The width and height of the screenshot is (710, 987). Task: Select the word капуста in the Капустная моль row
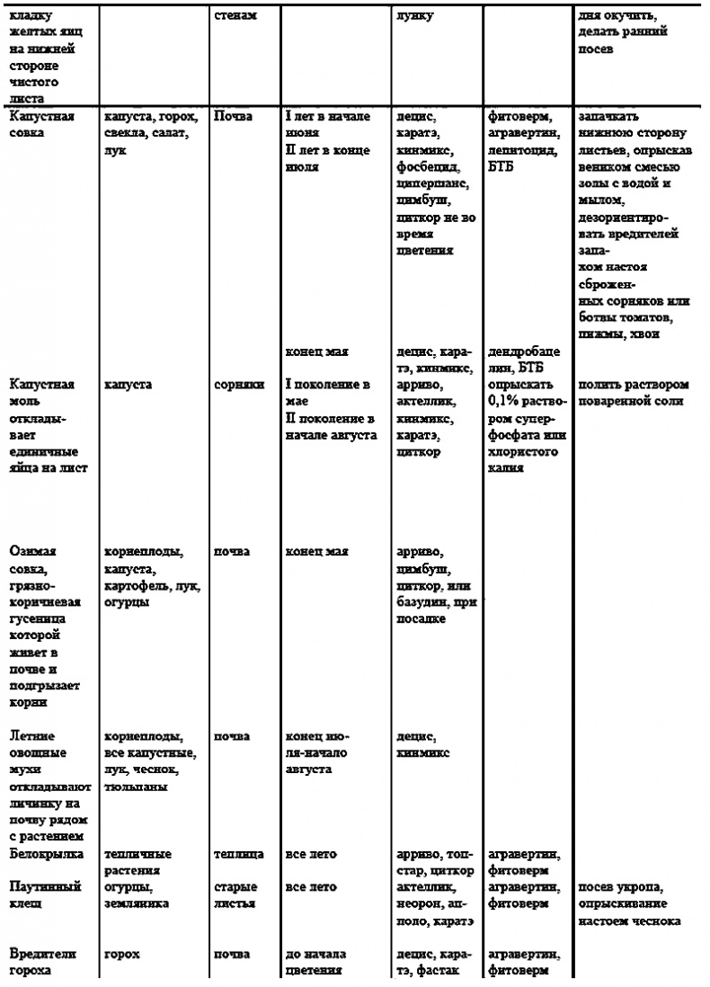coord(128,384)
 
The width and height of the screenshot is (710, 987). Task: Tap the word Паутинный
coord(44,886)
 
